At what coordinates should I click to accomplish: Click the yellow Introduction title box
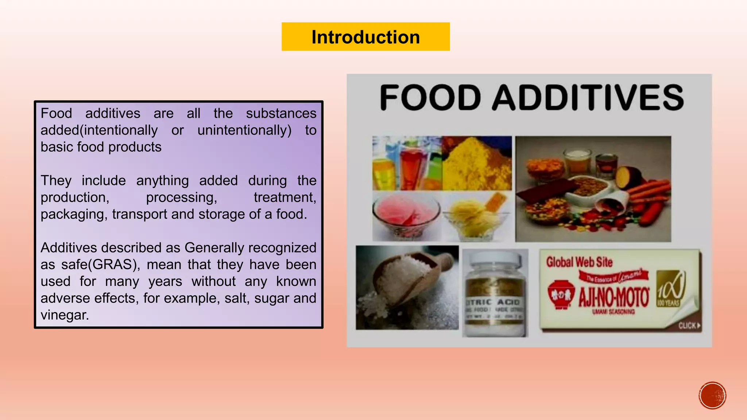[x=365, y=37]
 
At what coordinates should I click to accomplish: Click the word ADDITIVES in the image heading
[x=588, y=97]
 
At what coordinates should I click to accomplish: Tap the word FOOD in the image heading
[x=430, y=97]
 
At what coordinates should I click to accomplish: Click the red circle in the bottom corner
[x=712, y=396]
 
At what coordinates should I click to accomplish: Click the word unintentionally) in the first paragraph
[x=244, y=131]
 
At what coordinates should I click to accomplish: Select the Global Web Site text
[x=579, y=262]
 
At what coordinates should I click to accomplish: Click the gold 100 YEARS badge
[x=670, y=289]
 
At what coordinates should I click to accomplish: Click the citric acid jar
[x=495, y=293]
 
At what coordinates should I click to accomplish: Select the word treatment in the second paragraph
[x=285, y=198]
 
